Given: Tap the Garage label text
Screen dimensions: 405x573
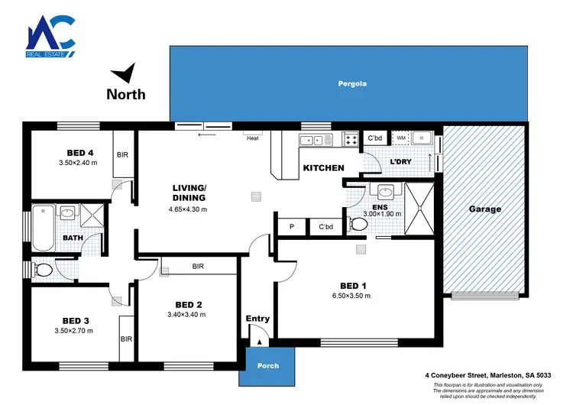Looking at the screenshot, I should [485, 209].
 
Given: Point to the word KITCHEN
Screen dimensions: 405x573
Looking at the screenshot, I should [324, 168].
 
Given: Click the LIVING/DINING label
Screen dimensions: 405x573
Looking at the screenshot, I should [189, 193].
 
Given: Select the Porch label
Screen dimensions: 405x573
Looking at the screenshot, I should [268, 365].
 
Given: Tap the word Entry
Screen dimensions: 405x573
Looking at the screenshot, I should [257, 318].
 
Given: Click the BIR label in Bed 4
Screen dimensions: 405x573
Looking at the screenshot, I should [122, 154].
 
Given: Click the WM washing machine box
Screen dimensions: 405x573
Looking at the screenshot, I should [400, 138].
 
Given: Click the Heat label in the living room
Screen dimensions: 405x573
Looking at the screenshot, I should [252, 138].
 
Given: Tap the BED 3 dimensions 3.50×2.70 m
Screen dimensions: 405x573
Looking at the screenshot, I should [76, 331].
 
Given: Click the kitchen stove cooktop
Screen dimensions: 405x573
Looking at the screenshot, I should [351, 139].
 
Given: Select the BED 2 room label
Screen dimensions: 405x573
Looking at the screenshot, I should [187, 304].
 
